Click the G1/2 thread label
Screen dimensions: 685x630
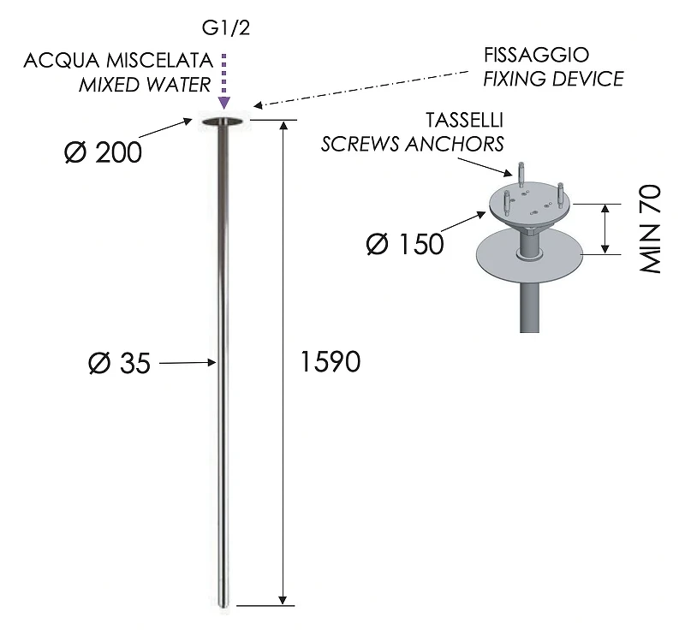pyautogui.click(x=226, y=28)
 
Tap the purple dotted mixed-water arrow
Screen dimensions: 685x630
pyautogui.click(x=224, y=81)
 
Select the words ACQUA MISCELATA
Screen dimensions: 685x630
pyautogui.click(x=118, y=61)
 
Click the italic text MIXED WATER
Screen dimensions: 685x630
pyautogui.click(x=145, y=85)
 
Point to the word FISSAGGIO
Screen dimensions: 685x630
pyautogui.click(x=537, y=55)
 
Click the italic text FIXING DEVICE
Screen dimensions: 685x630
pyautogui.click(x=553, y=79)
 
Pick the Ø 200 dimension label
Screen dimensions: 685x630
pyautogui.click(x=103, y=152)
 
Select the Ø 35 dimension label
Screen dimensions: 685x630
pyautogui.click(x=119, y=363)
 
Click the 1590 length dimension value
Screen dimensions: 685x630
pyautogui.click(x=331, y=361)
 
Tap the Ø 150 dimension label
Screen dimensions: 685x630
pyautogui.click(x=405, y=244)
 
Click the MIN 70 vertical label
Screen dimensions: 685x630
pyautogui.click(x=650, y=229)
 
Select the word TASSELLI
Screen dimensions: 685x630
pyautogui.click(x=464, y=120)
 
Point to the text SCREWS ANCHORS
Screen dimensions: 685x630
pyautogui.click(x=413, y=144)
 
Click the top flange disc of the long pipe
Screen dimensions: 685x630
pyautogui.click(x=223, y=122)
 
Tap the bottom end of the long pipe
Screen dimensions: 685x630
pyautogui.click(x=223, y=605)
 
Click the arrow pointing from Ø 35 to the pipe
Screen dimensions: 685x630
pyautogui.click(x=188, y=362)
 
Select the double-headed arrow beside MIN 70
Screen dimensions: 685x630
pyautogui.click(x=605, y=229)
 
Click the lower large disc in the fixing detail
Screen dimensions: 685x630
pyautogui.click(x=529, y=254)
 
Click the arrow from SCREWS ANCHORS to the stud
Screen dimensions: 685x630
pyautogui.click(x=485, y=167)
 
